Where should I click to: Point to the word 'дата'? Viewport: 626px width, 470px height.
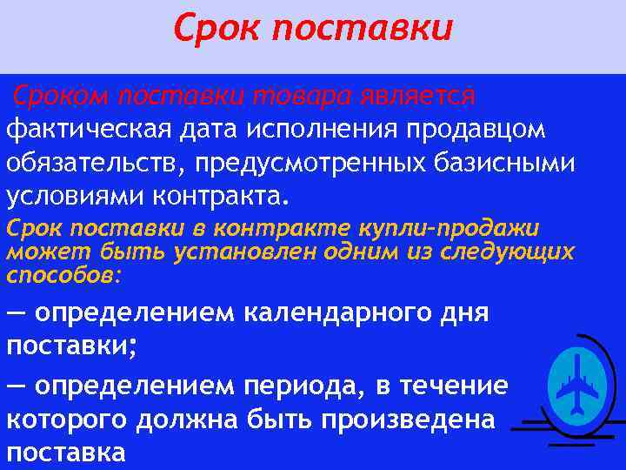point(206,130)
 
